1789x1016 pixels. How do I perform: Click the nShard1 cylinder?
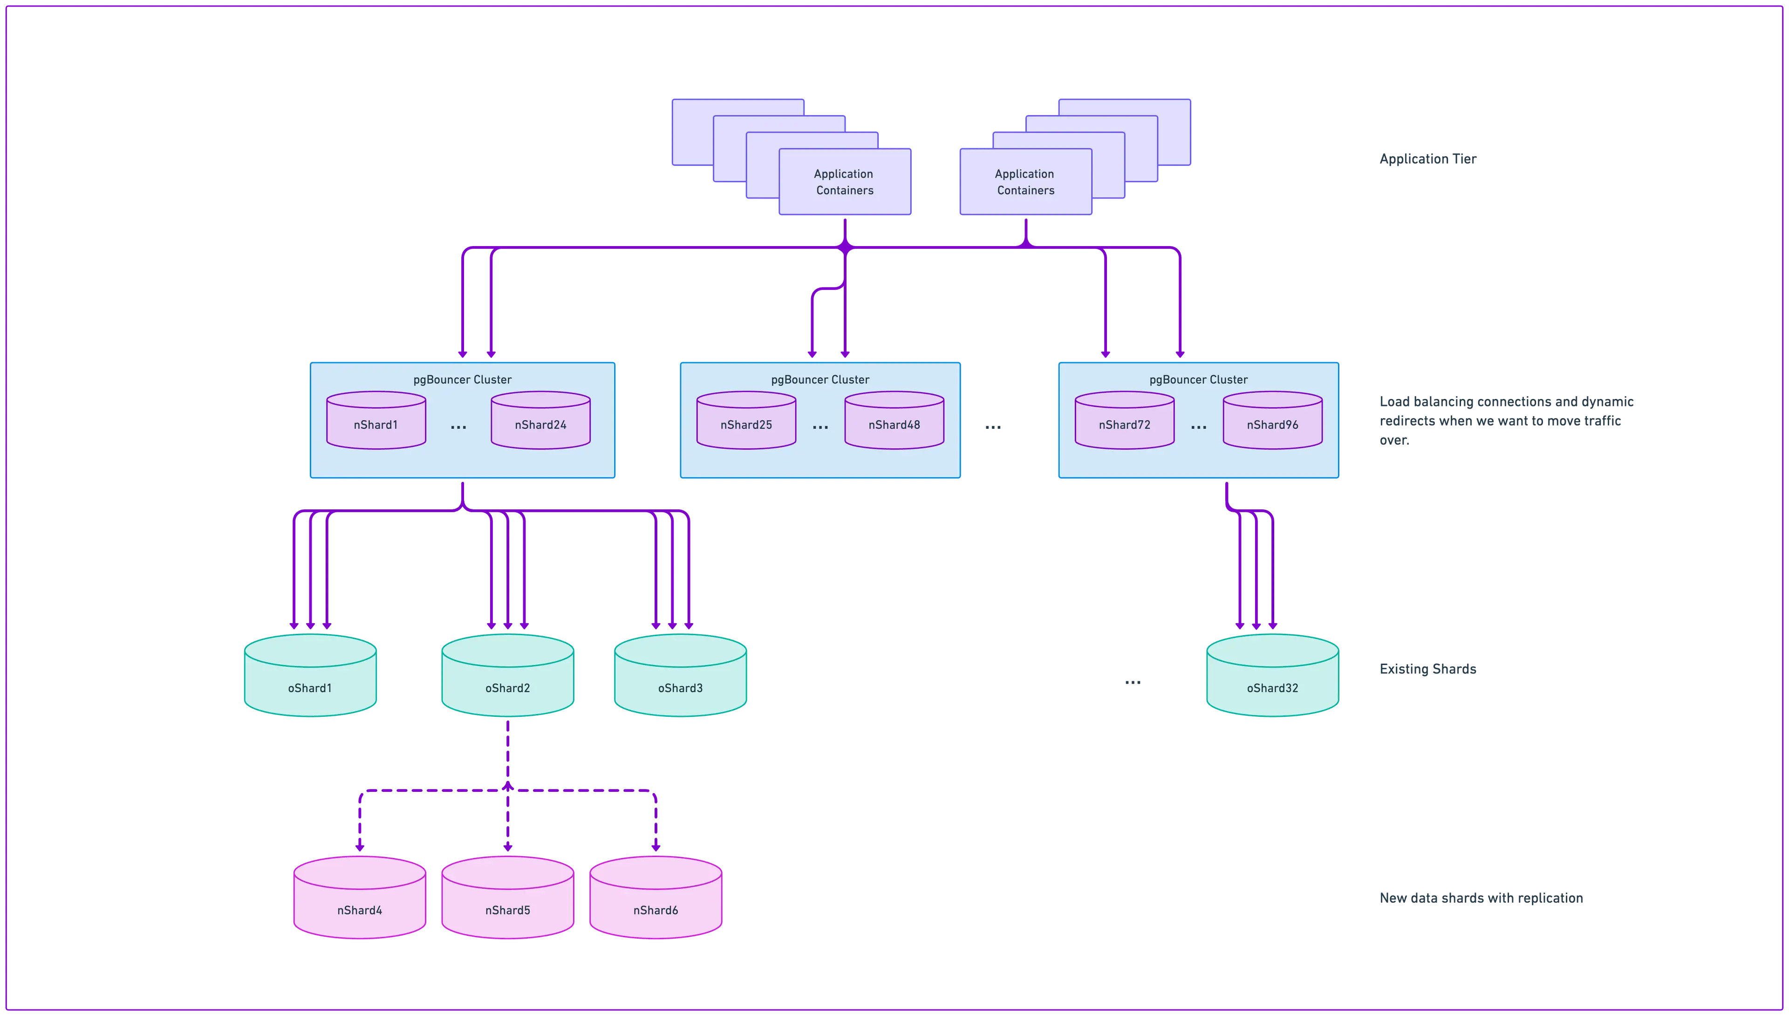pos(376,421)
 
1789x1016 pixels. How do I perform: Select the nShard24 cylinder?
pos(540,421)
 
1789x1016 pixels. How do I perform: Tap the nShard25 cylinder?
pos(746,421)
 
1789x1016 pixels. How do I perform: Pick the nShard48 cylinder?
pos(894,421)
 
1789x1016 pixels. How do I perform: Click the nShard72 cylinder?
pos(1124,421)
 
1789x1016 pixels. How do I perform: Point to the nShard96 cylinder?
pos(1272,421)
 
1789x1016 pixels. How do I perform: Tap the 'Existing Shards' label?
pos(1428,668)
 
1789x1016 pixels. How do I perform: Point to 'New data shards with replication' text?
pos(1481,898)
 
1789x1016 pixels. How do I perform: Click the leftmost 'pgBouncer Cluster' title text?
pos(463,380)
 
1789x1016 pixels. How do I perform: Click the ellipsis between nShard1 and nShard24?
pos(458,426)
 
